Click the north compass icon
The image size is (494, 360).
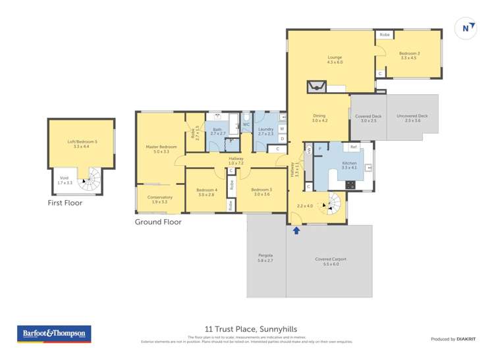point(466,28)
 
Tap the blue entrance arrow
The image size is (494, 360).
point(296,230)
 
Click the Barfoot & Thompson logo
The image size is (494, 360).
point(54,334)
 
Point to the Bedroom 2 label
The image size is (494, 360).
point(410,55)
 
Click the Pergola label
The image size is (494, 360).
point(265,257)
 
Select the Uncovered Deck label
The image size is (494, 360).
point(412,118)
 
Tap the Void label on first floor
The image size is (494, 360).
point(64,180)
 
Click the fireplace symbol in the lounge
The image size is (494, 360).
point(316,86)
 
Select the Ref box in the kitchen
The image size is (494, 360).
point(354,147)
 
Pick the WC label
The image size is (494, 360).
point(246,124)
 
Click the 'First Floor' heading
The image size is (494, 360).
point(65,203)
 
